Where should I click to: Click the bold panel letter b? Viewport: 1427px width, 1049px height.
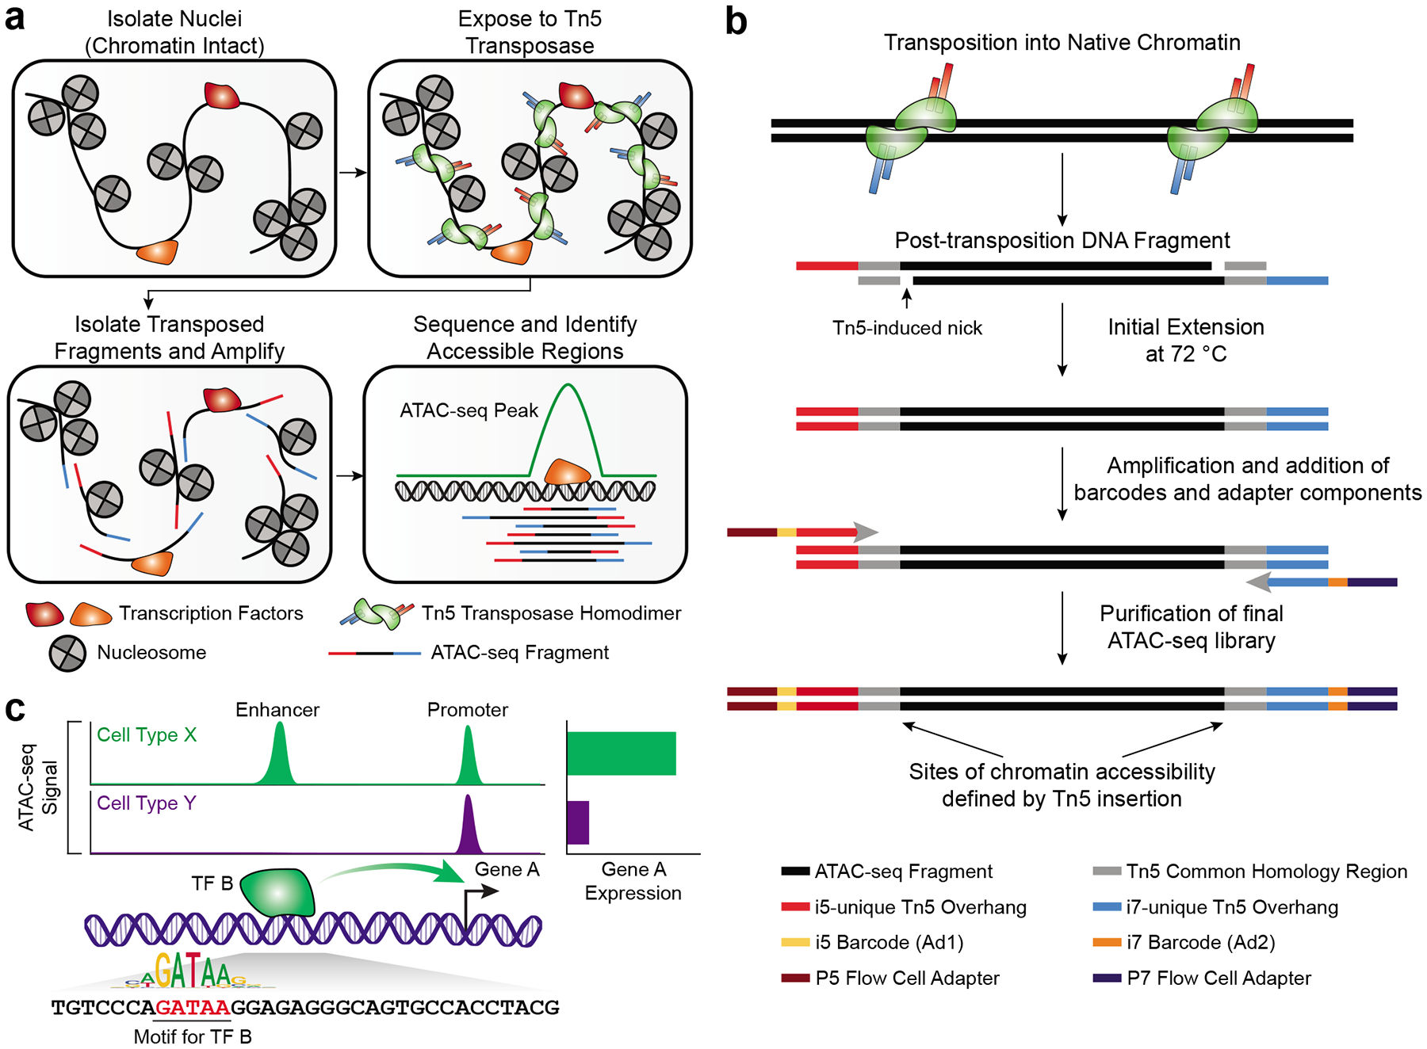pos(736,21)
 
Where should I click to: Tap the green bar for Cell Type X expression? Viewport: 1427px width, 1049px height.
pos(621,753)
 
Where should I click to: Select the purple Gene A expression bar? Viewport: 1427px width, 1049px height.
pos(578,822)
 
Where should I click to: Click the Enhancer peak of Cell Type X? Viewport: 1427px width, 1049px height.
pos(278,757)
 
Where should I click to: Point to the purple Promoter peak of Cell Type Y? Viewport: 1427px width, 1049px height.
pos(468,828)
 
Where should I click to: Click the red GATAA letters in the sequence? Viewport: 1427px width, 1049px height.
pos(193,1008)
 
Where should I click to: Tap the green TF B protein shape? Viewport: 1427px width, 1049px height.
pos(277,892)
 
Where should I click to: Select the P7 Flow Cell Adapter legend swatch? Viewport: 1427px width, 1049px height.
pos(1106,978)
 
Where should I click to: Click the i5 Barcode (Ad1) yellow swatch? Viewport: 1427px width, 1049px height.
pos(794,943)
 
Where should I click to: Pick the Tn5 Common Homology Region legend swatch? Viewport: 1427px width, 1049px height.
pos(1106,872)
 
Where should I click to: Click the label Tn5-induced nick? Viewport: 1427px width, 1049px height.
pos(907,328)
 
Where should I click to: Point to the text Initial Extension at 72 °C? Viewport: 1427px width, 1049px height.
pos(1185,340)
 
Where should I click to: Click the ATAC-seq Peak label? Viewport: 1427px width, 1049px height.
pos(469,410)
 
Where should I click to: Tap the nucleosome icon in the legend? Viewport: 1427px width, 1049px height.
pos(67,654)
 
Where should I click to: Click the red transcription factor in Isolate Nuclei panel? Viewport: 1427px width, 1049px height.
pos(222,95)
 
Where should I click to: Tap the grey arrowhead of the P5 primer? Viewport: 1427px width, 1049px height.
pos(867,532)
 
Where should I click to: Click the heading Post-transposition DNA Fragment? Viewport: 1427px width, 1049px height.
pos(1062,240)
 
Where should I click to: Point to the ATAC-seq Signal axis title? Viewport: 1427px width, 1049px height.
pos(37,787)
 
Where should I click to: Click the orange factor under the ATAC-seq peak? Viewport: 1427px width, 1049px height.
pos(566,472)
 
